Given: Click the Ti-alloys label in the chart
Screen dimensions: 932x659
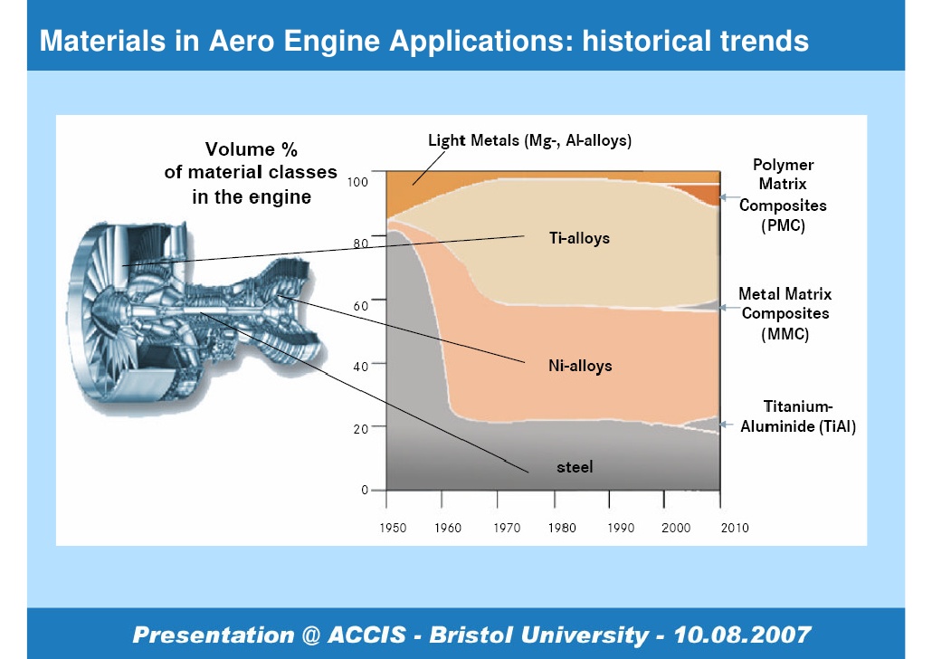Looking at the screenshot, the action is (579, 238).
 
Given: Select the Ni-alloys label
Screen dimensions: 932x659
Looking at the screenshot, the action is (580, 366).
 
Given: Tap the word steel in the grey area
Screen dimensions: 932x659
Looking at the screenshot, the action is (575, 467).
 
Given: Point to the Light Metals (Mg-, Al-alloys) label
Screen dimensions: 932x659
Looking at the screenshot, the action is (529, 141).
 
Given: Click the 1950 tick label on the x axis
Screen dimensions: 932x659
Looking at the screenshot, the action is (393, 528).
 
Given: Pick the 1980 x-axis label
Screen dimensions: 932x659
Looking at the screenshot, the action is (562, 528).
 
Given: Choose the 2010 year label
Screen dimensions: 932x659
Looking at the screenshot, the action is (735, 528).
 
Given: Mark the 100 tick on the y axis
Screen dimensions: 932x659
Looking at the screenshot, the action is (357, 182).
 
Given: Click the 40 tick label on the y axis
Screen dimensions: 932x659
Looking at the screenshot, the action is (361, 367).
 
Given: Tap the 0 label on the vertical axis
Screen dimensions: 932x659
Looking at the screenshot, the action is (365, 490).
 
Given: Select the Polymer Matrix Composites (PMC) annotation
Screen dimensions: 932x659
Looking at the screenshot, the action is (783, 196).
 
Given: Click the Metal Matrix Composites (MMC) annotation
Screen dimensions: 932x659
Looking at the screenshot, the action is (785, 313).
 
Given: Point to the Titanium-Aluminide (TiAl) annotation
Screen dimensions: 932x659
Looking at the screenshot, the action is (798, 416).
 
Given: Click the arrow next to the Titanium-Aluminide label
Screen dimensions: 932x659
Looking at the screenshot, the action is (726, 425).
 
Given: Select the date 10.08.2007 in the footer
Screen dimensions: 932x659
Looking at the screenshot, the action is (742, 635).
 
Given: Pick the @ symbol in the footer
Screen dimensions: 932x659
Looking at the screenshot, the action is (311, 635).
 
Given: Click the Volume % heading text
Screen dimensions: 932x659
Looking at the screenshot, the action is (252, 148).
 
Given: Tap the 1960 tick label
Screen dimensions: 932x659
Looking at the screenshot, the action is (448, 528).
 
